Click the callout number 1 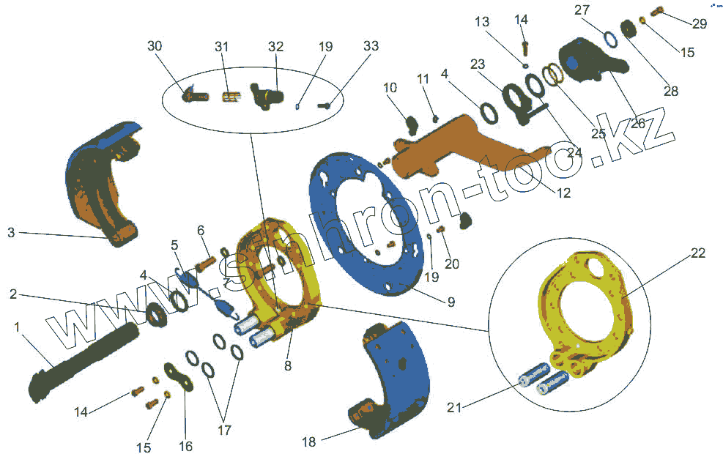pos(16,327)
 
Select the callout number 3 pos(11,233)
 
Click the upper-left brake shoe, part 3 pos(99,183)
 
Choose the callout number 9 pos(451,301)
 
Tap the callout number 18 pos(309,442)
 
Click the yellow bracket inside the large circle pos(586,315)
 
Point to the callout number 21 pos(455,408)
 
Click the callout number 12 pos(562,194)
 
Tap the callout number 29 pos(699,23)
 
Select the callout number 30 pos(154,45)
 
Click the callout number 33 pos(371,45)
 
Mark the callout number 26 pos(637,124)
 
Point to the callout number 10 pos(390,88)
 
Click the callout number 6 pos(200,231)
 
